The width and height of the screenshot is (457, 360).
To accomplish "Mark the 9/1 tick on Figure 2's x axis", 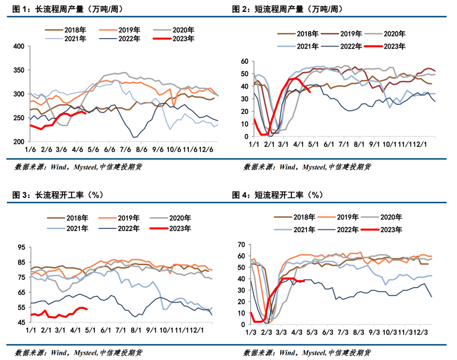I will click(x=374, y=144).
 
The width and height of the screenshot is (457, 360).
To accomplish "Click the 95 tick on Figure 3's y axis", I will click(x=21, y=247).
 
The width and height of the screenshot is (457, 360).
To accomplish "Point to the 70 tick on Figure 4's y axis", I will click(x=242, y=244).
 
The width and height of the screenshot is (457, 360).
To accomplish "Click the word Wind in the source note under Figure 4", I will click(x=287, y=352).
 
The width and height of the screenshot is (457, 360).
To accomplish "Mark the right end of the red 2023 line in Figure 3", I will click(x=87, y=309).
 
